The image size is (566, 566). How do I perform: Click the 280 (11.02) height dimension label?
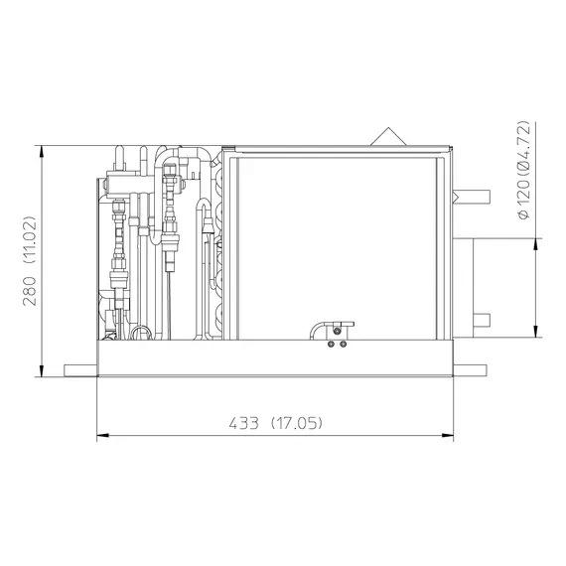(x=29, y=261)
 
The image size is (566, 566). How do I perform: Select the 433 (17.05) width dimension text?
(x=275, y=423)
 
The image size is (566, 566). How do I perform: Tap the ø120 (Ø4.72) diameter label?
(x=523, y=170)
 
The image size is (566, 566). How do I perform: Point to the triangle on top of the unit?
(x=388, y=136)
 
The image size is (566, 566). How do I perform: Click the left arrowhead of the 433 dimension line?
(x=102, y=436)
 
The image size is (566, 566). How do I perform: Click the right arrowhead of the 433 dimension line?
(x=448, y=436)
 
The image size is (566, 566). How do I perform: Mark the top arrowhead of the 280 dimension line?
(x=42, y=151)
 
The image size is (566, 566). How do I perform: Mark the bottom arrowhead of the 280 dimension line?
(x=42, y=371)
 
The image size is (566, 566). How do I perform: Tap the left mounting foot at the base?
(x=80, y=370)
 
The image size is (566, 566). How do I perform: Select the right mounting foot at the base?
(x=470, y=370)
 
